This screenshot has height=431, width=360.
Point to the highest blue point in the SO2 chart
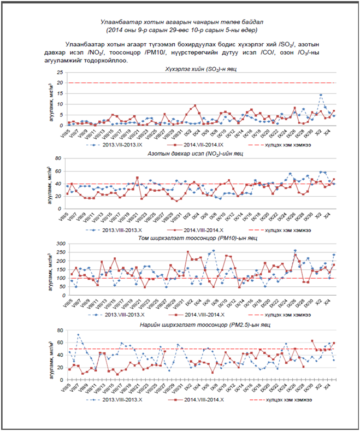pos(321,95)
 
